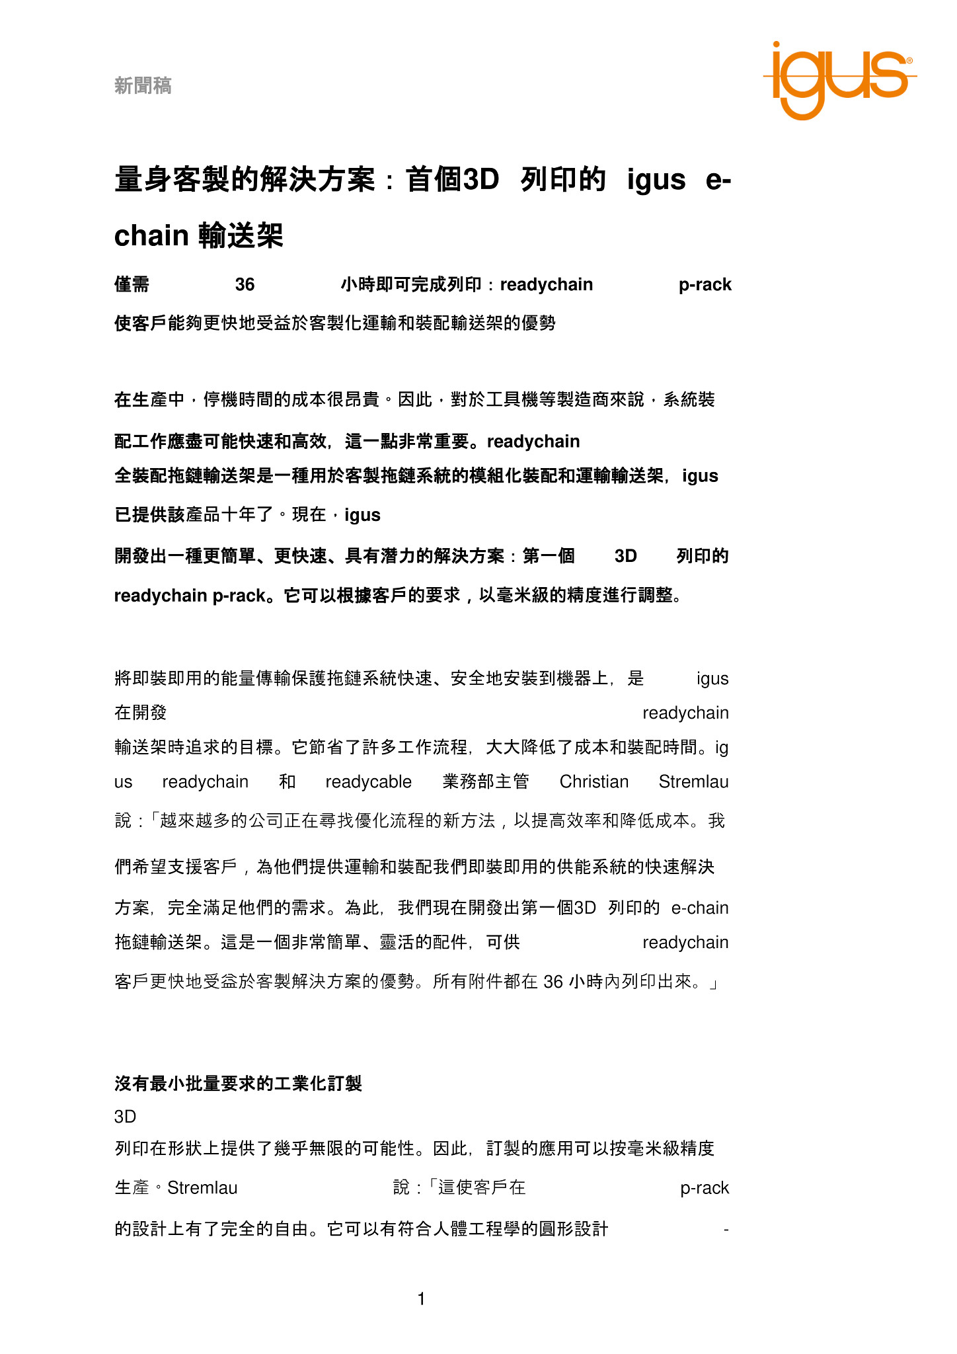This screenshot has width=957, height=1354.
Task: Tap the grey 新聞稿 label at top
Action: click(143, 85)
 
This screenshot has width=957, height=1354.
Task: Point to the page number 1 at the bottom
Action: click(421, 1299)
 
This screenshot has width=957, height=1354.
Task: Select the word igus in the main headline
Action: click(656, 180)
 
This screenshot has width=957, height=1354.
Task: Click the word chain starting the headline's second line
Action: click(151, 236)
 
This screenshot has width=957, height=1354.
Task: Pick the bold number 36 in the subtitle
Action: click(245, 284)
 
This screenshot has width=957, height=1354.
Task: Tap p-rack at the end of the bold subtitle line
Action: click(705, 284)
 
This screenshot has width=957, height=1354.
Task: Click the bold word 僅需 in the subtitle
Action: click(132, 284)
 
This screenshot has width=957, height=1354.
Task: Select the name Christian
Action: click(593, 781)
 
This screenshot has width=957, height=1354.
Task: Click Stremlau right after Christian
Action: click(693, 781)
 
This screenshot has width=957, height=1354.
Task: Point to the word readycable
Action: click(368, 781)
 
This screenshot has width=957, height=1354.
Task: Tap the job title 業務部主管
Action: click(486, 781)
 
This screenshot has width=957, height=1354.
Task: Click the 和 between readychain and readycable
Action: click(287, 781)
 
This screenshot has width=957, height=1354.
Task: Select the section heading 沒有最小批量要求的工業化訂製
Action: click(238, 1084)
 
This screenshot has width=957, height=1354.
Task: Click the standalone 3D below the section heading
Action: click(125, 1117)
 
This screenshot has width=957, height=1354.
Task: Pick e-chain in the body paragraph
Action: click(699, 908)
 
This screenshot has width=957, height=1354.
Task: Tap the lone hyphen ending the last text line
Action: click(726, 1229)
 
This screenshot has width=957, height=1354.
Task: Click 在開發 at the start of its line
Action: click(141, 713)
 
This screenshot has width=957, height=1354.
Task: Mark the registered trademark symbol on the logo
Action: click(909, 60)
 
